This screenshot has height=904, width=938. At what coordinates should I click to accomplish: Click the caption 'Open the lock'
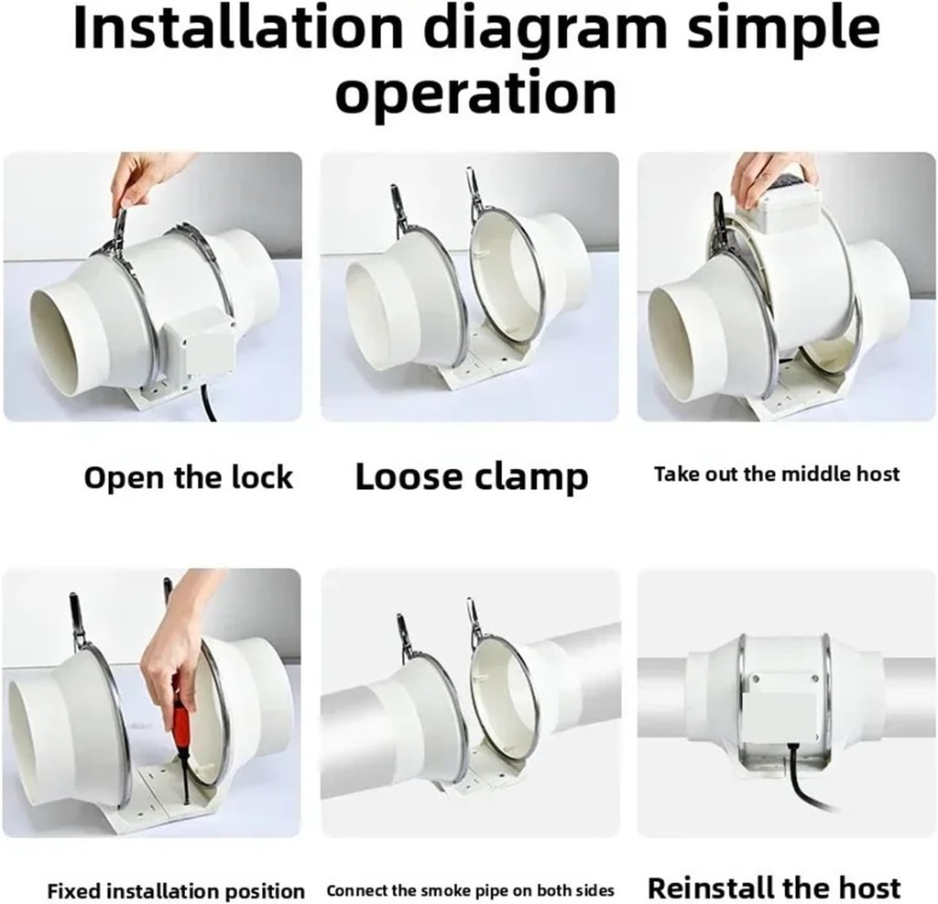tap(189, 477)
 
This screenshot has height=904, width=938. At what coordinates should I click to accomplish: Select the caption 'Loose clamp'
tap(472, 477)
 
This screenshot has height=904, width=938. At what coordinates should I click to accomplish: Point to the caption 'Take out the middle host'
tap(777, 474)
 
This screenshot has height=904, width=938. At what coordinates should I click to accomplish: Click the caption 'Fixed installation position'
tap(176, 890)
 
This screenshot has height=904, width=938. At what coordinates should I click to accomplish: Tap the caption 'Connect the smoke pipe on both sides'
tap(471, 890)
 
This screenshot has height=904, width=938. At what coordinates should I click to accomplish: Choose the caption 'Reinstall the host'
tap(774, 888)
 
